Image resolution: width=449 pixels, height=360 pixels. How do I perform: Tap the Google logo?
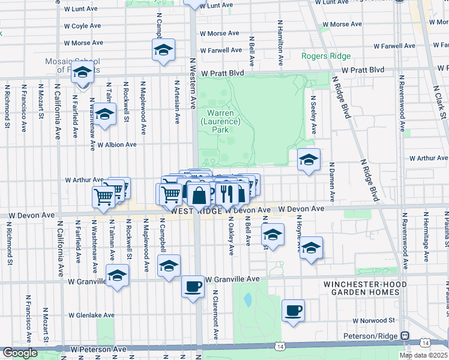pos(20,353)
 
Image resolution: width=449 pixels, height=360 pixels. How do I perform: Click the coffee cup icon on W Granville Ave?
pos(193,286)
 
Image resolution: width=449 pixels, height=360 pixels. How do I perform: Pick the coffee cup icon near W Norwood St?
pos(293,310)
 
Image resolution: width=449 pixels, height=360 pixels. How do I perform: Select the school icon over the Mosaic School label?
pos(83,73)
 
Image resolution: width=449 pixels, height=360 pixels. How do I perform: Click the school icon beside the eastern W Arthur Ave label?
pos(309,160)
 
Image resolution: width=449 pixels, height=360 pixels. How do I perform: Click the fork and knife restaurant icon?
pos(227,193)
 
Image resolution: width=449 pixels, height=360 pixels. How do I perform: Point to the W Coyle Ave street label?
pos(82,26)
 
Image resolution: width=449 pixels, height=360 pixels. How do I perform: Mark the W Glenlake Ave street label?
pos(91,315)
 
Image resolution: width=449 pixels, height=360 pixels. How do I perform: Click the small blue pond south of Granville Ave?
pos(247,299)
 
